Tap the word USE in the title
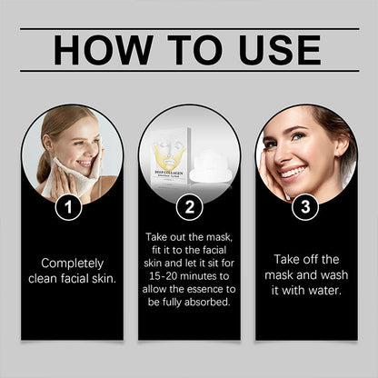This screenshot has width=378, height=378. point(280,50)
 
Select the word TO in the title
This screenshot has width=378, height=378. point(195,50)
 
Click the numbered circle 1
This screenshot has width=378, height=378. point(68,207)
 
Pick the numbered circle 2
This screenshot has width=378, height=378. point(190,207)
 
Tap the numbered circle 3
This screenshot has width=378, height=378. point(305,207)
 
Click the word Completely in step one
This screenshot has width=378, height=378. point(73,264)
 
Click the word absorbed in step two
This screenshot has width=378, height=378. point(207,302)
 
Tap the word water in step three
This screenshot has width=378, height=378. point(325,291)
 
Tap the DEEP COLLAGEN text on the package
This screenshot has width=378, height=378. point(169,174)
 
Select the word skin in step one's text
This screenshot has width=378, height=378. point(104,279)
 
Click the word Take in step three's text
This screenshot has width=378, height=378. point(285,260)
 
